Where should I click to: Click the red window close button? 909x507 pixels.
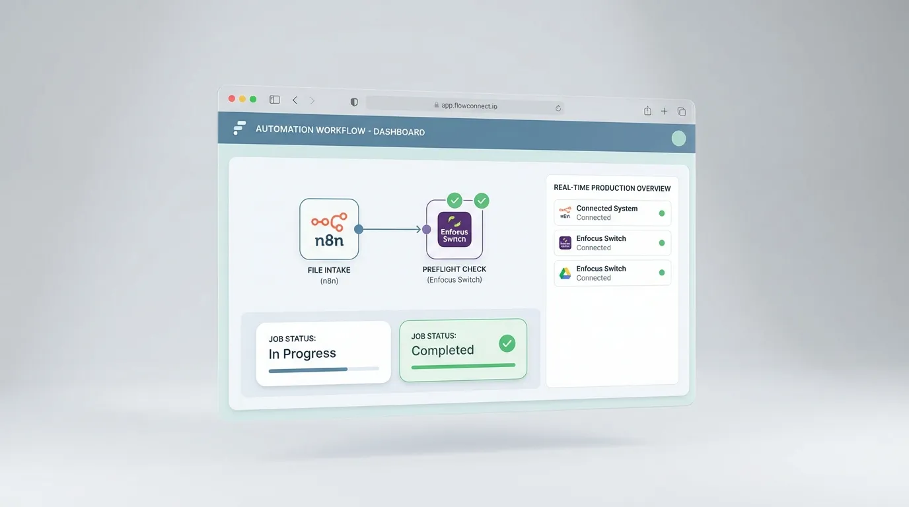[x=232, y=98]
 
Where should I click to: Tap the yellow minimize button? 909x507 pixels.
[x=242, y=99]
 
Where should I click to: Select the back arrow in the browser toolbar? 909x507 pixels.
[x=295, y=100]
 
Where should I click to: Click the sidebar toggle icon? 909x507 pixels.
[x=275, y=100]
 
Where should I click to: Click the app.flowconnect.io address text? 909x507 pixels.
[x=469, y=106]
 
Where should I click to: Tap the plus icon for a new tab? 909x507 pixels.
[x=664, y=112]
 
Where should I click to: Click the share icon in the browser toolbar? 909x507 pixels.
[x=647, y=111]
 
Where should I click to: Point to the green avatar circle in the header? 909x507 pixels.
[x=678, y=139]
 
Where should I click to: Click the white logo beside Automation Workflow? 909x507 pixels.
[x=239, y=128]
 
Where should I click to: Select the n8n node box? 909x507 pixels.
[x=329, y=229]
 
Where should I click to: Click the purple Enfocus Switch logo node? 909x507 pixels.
[x=454, y=229]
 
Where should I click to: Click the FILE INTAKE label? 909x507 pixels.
[x=329, y=270]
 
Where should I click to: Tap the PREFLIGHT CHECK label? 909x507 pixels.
[x=454, y=269]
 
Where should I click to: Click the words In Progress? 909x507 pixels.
[x=303, y=354]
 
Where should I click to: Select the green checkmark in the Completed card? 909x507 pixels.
[x=507, y=343]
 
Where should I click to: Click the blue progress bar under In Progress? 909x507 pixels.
[x=309, y=370]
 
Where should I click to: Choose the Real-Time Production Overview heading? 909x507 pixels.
[x=612, y=188]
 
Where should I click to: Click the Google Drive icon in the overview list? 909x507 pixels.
[x=565, y=273]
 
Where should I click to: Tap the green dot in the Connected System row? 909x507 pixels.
[x=662, y=213]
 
